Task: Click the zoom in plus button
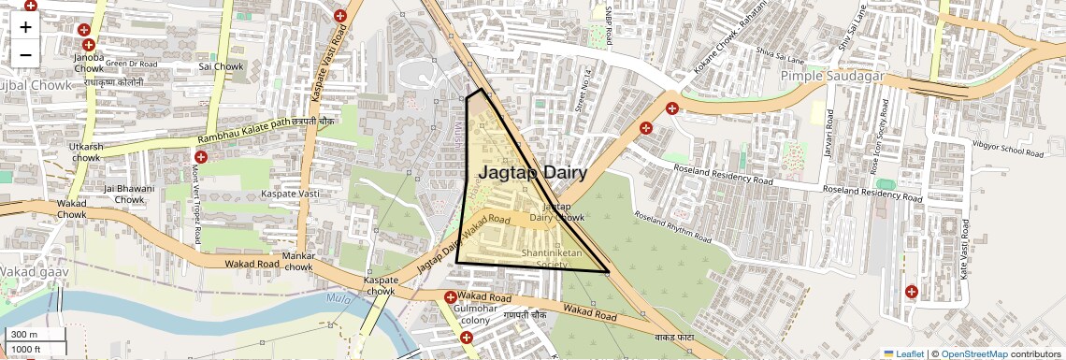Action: (x=25, y=26)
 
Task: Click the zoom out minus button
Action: (x=25, y=54)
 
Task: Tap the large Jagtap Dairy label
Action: (x=533, y=173)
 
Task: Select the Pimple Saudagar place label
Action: (x=832, y=76)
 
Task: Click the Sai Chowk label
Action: (x=221, y=66)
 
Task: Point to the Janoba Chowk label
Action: (x=88, y=63)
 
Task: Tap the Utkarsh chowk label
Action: (x=86, y=152)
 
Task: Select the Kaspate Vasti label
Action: (x=290, y=193)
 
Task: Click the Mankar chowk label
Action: (x=298, y=262)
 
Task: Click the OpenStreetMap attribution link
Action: (x=973, y=353)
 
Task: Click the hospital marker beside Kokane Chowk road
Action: (x=672, y=108)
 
